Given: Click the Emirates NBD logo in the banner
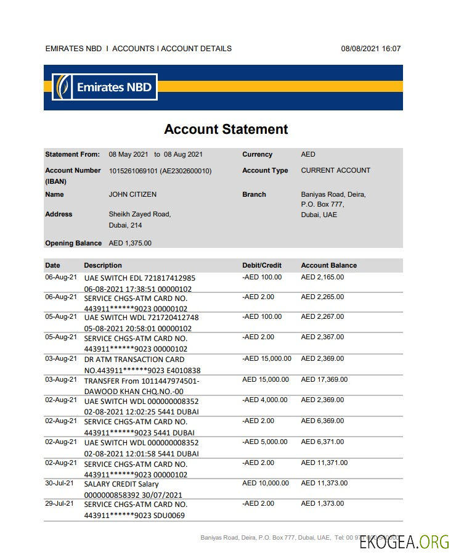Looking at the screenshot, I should click(105, 87).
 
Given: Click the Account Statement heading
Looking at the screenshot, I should click(226, 130).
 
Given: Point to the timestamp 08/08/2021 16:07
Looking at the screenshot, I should click(370, 49).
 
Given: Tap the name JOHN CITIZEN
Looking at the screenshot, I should click(132, 194).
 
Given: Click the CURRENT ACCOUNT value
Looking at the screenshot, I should click(335, 170).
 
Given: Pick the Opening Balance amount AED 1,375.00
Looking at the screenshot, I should click(130, 243).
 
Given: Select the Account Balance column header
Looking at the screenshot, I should click(328, 265).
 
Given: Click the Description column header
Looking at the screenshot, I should click(103, 265).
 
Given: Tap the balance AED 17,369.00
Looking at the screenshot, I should click(324, 380).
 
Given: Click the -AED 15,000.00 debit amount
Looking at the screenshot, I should click(267, 359).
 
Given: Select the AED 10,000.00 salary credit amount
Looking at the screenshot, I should click(265, 484).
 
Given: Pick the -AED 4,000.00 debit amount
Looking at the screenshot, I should click(265, 400).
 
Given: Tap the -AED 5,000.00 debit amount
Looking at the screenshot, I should click(265, 442).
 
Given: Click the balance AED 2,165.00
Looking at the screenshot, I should click(322, 278).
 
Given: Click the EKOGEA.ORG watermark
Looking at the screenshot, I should click(404, 542).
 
